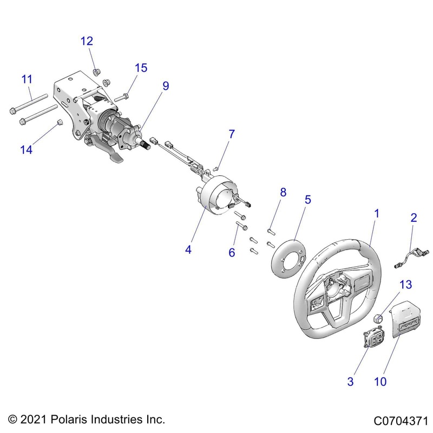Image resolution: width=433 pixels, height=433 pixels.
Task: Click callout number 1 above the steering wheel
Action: pyautogui.click(x=377, y=214)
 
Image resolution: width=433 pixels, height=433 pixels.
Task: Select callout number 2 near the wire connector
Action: pyautogui.click(x=414, y=218)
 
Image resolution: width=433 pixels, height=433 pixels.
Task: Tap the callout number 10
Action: pyautogui.click(x=380, y=382)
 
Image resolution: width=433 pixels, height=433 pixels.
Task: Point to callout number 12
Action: pyautogui.click(x=87, y=41)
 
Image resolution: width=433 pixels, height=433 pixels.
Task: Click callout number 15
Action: pyautogui.click(x=141, y=68)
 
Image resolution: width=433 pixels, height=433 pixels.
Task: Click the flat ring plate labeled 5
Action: pyautogui.click(x=286, y=252)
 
